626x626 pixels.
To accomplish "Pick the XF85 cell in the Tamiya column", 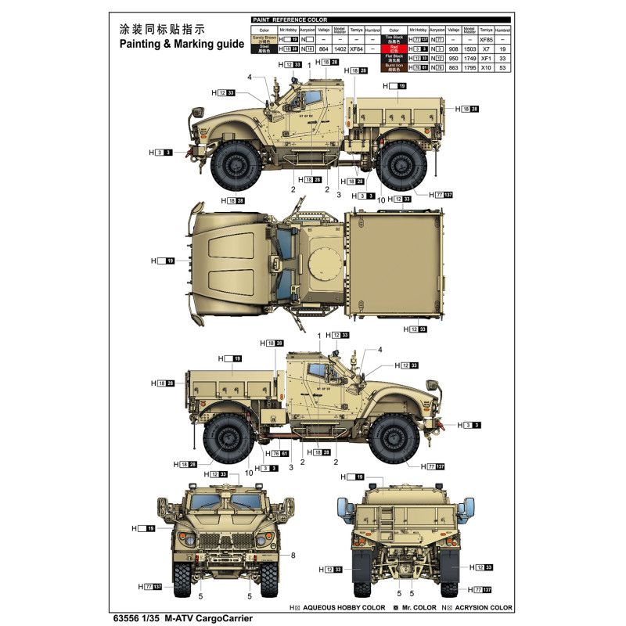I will pyautogui.click(x=485, y=38).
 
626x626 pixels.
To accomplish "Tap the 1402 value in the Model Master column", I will pyautogui.click(x=340, y=49).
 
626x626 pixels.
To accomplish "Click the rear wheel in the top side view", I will pyautogui.click(x=404, y=167).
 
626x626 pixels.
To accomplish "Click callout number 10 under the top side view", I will pyautogui.click(x=380, y=200).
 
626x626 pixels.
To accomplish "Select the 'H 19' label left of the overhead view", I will pyautogui.click(x=163, y=261).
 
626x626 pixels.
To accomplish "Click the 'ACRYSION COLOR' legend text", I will pyautogui.click(x=482, y=607).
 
